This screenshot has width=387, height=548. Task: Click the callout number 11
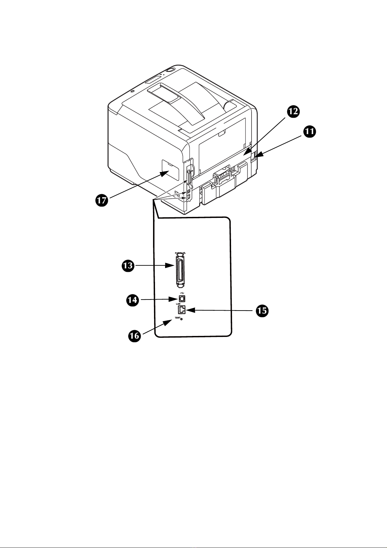pos(310,132)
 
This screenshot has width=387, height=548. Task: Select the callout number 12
pos(293,112)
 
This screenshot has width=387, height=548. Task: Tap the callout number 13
pos(128,266)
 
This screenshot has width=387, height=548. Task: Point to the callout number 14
pos(132,300)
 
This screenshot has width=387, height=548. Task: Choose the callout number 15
pos(262,311)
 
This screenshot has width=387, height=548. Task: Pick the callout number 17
pos(101,200)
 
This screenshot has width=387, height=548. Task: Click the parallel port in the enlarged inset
pos(180,271)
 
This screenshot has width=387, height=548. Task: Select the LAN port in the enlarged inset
pos(182,310)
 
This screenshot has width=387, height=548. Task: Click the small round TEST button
pos(181,319)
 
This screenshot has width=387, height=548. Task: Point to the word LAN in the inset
pos(178,304)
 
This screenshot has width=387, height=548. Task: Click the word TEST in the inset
pos(177,317)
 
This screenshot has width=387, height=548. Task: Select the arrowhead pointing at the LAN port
pos(191,310)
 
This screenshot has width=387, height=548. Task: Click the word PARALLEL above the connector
pos(180,253)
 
